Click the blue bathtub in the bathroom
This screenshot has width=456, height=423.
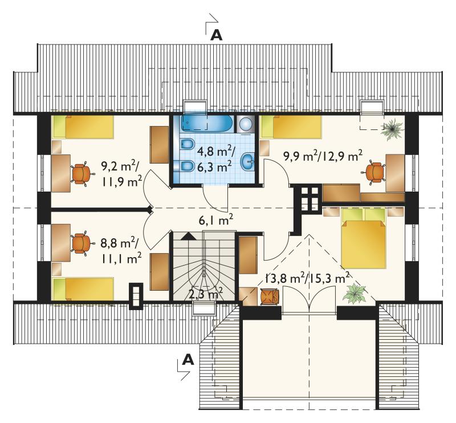[x=207, y=123]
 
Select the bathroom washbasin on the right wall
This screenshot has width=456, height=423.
[x=248, y=161]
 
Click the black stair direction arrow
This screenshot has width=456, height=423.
[x=189, y=236]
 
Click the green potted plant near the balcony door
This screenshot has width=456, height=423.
[x=354, y=294]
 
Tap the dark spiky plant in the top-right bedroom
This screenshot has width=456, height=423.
[x=393, y=128]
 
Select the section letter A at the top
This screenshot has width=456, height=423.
[x=217, y=35]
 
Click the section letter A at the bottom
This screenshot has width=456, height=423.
[x=188, y=360]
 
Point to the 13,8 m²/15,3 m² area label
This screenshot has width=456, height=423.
[x=307, y=278]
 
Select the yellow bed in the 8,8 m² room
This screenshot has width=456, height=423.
[x=83, y=288]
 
